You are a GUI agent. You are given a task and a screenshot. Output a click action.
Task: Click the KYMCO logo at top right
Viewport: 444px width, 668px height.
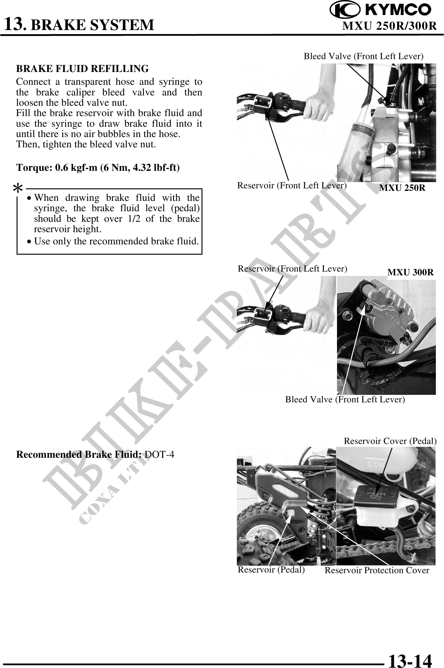tap(381, 10)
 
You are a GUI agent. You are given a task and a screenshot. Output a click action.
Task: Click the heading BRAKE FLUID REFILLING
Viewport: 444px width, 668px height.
tap(82, 68)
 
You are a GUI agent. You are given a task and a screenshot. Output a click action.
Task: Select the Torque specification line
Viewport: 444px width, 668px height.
tap(98, 168)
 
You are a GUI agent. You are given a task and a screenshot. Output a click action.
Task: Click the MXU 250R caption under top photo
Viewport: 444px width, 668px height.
tap(402, 188)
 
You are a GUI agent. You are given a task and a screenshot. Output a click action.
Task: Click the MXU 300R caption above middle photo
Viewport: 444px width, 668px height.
tap(410, 272)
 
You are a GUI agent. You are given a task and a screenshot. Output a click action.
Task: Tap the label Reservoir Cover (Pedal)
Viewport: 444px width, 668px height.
tap(390, 441)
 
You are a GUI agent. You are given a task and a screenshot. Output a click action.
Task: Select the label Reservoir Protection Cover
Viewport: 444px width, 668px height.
tap(377, 570)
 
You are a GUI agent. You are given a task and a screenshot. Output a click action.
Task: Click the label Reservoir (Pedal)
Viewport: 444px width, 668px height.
tap(271, 569)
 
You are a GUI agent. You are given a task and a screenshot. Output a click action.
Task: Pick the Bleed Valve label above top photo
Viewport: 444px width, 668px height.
tap(364, 56)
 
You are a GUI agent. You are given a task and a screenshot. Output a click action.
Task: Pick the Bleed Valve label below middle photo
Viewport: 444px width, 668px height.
tap(345, 399)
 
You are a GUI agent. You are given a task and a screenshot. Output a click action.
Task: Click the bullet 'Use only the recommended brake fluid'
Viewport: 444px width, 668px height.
tap(116, 241)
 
